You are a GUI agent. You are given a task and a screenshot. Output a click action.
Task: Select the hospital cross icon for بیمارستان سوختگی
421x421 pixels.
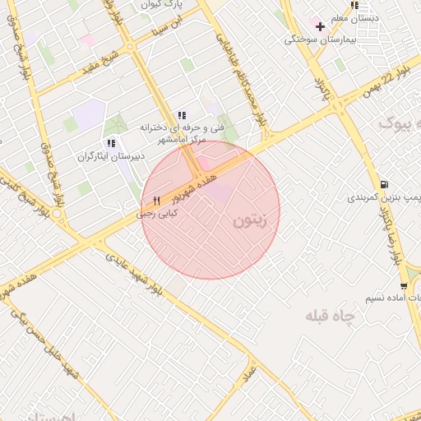[320, 26]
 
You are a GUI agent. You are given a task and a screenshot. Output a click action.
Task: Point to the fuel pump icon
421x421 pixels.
[384, 184]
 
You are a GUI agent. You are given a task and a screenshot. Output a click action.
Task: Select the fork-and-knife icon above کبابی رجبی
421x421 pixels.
[156, 201]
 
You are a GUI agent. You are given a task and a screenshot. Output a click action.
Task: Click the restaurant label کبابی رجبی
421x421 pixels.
[158, 213]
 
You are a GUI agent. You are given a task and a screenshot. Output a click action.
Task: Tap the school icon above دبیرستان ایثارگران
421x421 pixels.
[111, 143]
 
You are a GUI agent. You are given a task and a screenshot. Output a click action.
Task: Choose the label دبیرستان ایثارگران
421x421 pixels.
[111, 155]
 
